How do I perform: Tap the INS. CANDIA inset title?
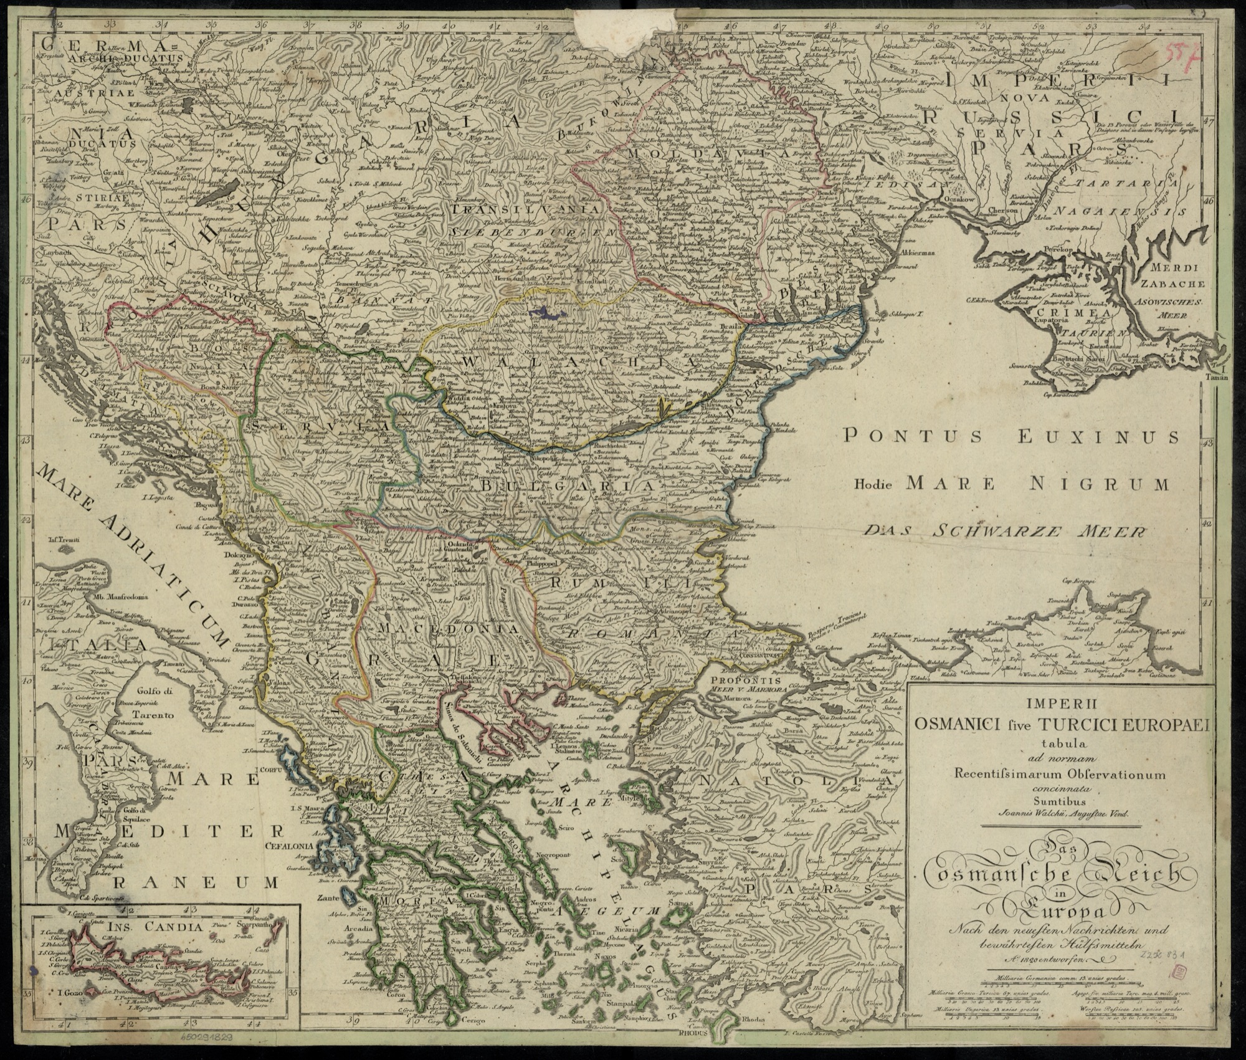[161, 927]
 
